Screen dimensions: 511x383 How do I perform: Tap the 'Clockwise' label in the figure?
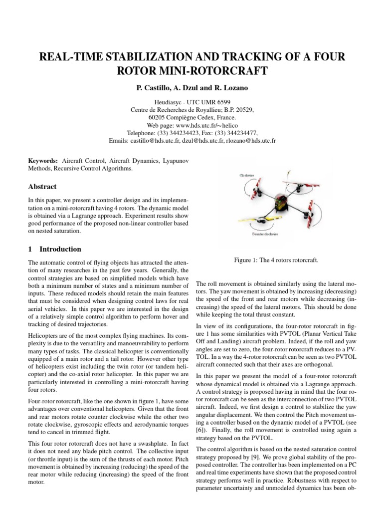(x=246, y=175)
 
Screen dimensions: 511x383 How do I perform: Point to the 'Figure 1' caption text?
(x=276, y=260)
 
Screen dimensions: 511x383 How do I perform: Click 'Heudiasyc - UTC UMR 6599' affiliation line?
(x=191, y=101)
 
